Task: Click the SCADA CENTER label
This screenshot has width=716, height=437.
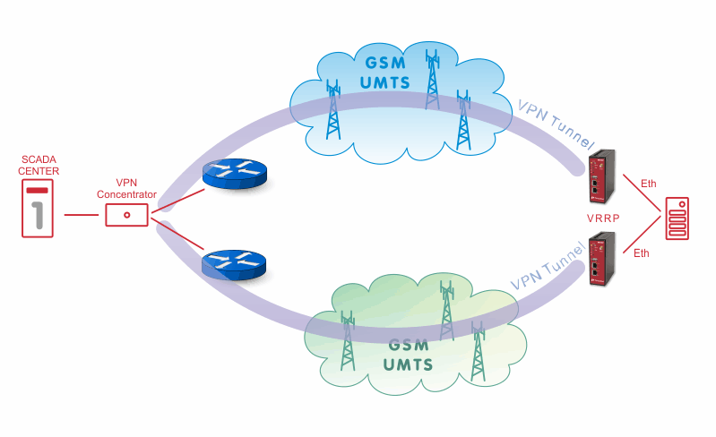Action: coord(39,165)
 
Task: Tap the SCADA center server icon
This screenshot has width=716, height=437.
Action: coord(38,208)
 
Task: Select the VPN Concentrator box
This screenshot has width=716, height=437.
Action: coord(127,215)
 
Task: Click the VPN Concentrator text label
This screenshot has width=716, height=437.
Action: coord(126,188)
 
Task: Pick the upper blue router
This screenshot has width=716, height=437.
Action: coord(234,174)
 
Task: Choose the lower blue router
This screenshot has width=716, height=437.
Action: coord(234,265)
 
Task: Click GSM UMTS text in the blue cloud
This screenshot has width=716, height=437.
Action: coord(385,73)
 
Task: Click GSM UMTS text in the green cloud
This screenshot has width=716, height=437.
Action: coord(408,356)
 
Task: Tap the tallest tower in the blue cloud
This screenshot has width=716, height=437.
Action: coord(432,80)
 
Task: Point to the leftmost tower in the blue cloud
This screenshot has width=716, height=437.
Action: coord(333,109)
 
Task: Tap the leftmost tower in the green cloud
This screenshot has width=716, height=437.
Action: coord(348,341)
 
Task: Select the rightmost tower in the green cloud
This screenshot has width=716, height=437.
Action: coord(478,351)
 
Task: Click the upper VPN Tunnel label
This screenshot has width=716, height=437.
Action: coord(556,124)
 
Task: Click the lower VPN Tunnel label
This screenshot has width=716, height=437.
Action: coord(547,267)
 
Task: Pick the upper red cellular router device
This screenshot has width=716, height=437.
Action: coord(602,176)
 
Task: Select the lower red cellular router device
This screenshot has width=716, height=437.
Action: coord(602,259)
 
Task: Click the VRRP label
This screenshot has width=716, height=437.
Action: coord(603,218)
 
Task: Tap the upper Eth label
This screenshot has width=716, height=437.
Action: coord(649,184)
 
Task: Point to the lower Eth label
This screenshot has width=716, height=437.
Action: coord(641,253)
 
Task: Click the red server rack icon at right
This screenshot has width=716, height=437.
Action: coord(677,218)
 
